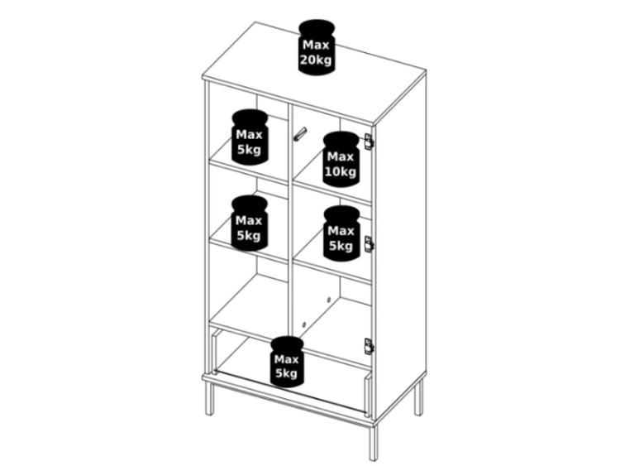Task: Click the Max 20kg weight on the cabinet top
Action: [317, 46]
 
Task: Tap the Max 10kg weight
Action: [341, 159]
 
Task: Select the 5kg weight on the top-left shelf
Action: [250, 137]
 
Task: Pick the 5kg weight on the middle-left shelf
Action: [250, 223]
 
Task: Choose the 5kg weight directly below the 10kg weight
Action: [341, 233]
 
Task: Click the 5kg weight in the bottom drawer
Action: [287, 362]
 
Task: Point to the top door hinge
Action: [369, 142]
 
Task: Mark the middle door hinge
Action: [369, 243]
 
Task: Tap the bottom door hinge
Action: [369, 347]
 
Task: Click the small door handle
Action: [300, 134]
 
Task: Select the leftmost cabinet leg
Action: [209, 398]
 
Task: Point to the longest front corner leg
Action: [374, 440]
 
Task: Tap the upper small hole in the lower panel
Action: [328, 300]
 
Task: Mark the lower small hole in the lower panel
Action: [303, 324]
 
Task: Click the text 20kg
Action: [316, 60]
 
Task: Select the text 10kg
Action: [341, 172]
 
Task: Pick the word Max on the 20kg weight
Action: [316, 46]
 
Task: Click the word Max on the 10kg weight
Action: [341, 157]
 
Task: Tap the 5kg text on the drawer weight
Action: [286, 373]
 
